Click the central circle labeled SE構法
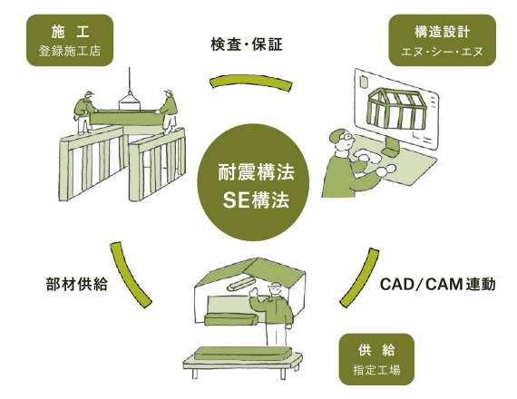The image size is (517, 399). point(253,182)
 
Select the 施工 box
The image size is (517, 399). point(70,40)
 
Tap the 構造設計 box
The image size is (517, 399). point(442,40)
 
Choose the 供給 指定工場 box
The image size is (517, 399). point(376,359)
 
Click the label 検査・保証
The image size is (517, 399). point(247,44)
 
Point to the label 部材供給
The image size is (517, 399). point(76,284)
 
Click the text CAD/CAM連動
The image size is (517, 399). point(438,284)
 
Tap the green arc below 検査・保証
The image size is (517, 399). point(251,82)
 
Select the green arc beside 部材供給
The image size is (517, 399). point(129,275)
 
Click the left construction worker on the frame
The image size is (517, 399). point(84,112)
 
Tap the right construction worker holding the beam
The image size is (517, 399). point(169,112)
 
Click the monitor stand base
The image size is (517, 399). point(391,152)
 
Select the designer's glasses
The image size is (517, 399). point(346,136)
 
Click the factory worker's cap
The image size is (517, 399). point(275,286)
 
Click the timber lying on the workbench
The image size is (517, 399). point(243,353)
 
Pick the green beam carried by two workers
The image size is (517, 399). point(127,118)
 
